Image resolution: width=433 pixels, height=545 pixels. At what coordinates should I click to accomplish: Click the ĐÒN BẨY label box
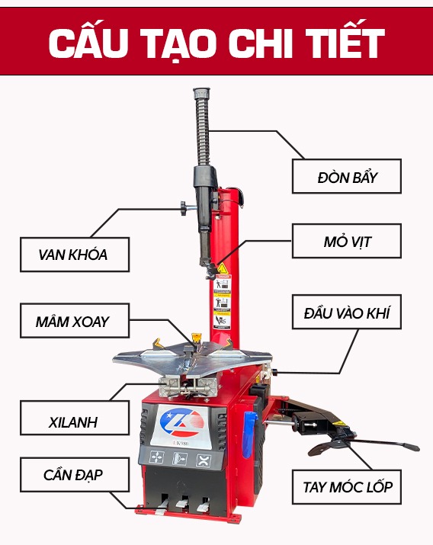[346, 176]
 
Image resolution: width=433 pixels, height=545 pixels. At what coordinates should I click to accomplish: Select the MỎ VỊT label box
[346, 241]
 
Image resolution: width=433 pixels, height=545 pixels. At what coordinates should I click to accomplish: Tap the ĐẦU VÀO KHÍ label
[346, 312]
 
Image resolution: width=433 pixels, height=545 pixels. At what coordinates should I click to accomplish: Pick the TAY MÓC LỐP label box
[346, 487]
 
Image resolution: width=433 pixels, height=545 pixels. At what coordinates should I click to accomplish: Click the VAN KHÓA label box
[75, 255]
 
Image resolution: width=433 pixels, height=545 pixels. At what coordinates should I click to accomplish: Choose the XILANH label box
[75, 418]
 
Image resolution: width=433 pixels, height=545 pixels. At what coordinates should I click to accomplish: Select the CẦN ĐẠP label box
[75, 475]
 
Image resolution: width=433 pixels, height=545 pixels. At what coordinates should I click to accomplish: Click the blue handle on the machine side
[249, 434]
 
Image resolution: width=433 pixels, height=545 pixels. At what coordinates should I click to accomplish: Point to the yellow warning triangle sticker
[223, 268]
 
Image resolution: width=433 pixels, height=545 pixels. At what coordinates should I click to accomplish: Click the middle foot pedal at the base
[181, 505]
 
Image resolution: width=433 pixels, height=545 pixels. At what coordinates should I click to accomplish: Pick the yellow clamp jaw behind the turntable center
[197, 338]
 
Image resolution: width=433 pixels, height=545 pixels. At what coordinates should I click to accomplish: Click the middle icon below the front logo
[180, 459]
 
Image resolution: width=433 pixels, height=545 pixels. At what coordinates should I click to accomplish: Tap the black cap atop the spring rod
[202, 93]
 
